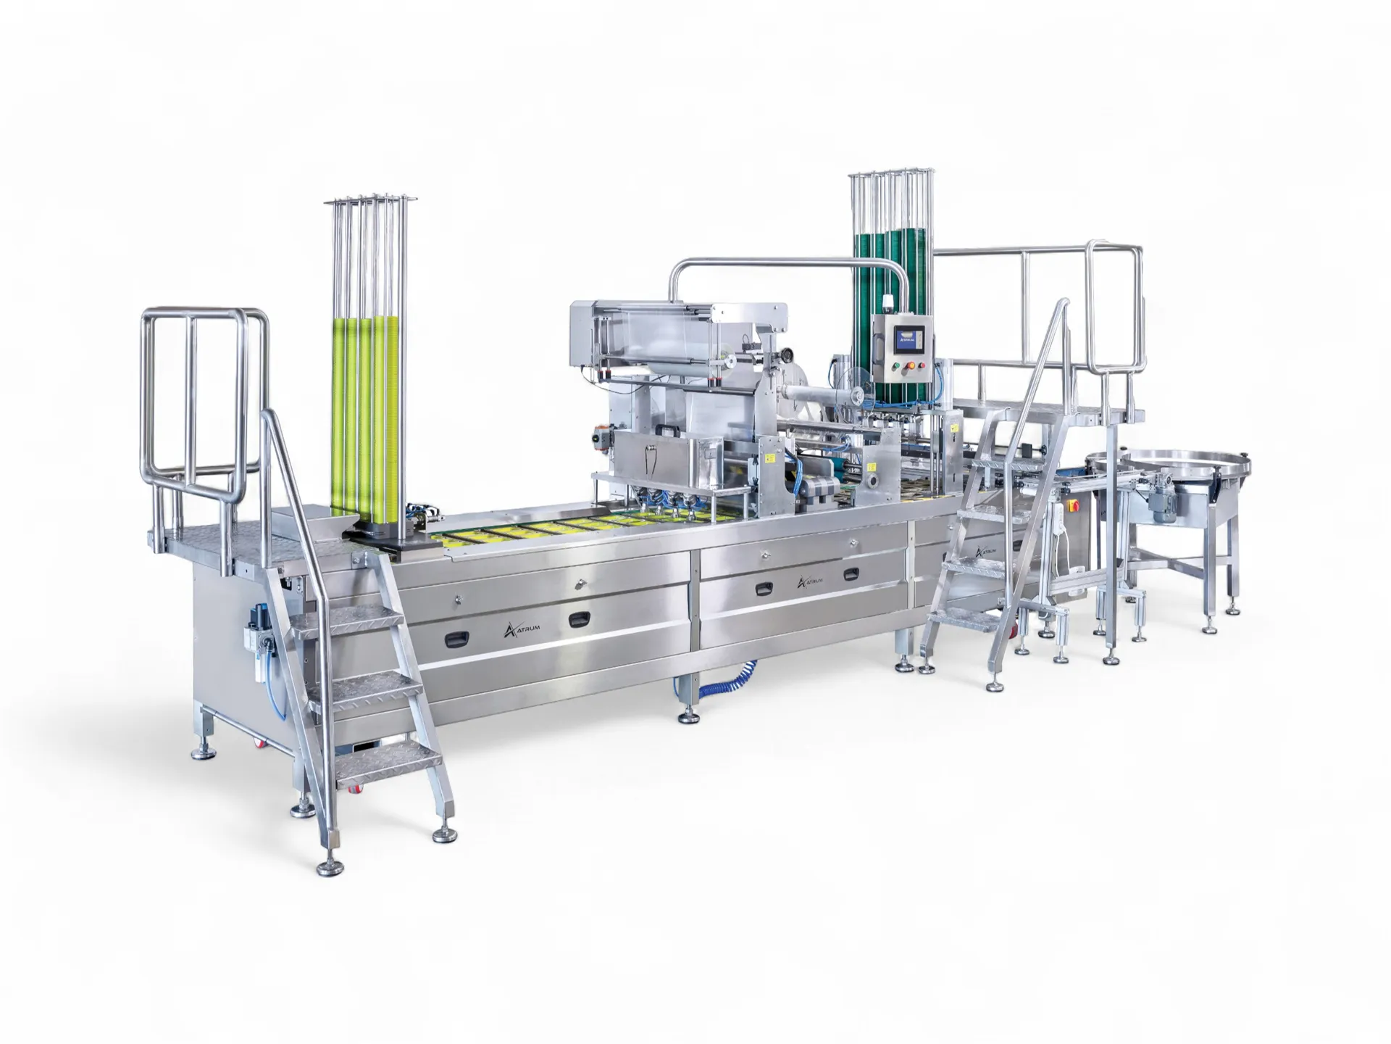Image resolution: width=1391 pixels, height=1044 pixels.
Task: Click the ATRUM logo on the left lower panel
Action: coord(521,629)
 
